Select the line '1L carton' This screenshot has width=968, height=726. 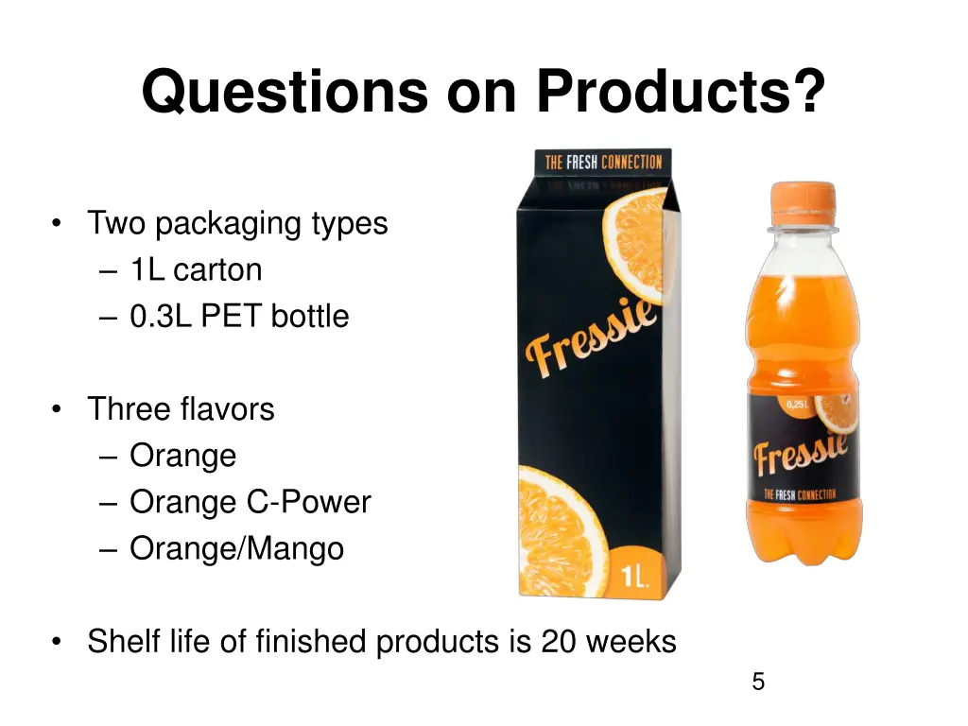pyautogui.click(x=196, y=269)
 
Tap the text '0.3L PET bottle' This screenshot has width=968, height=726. pyautogui.click(x=239, y=316)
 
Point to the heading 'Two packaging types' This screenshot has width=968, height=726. pyautogui.click(x=237, y=223)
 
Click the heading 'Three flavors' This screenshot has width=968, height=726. pyautogui.click(x=181, y=408)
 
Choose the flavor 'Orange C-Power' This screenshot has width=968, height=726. pyautogui.click(x=250, y=502)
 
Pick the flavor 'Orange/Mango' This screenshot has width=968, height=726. pyautogui.click(x=236, y=548)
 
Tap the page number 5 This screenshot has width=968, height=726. pyautogui.click(x=757, y=682)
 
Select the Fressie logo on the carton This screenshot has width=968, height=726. pyautogui.click(x=592, y=337)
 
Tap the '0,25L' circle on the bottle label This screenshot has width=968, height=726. pyautogui.click(x=795, y=405)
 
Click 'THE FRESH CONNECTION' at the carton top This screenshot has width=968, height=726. pyautogui.click(x=602, y=162)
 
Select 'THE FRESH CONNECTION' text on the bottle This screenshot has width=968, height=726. pyautogui.click(x=810, y=493)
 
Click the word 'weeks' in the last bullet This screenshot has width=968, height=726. pyautogui.click(x=631, y=642)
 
